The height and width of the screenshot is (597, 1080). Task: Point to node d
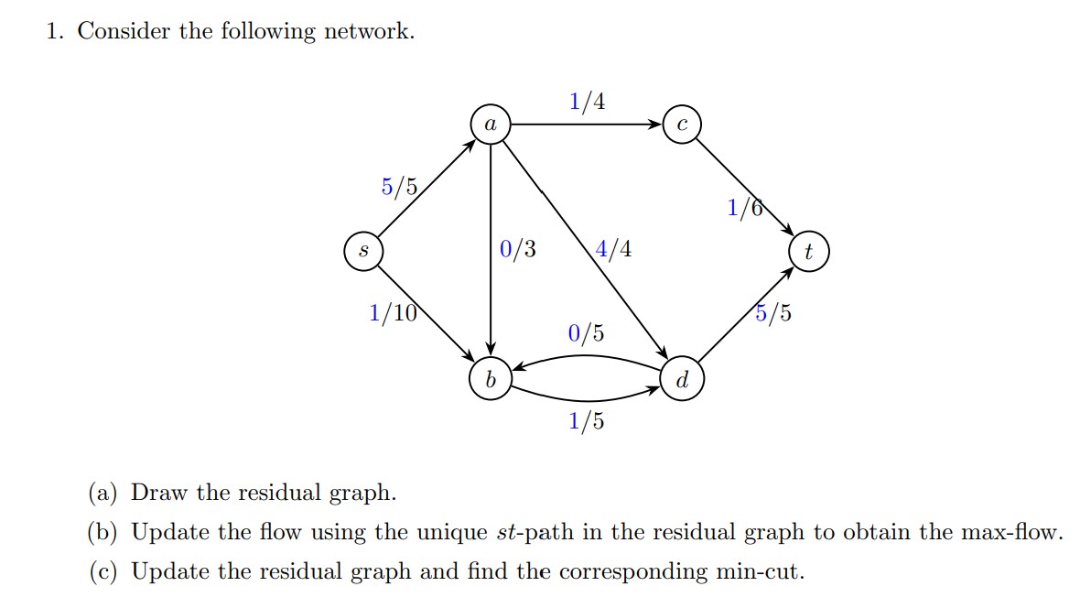coord(683,379)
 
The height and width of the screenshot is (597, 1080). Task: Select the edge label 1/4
coord(587,101)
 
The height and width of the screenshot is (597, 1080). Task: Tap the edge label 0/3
coord(518,249)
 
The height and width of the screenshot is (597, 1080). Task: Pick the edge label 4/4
coord(612,249)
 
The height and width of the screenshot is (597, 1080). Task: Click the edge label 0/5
coord(586,333)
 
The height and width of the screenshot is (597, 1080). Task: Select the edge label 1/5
coord(586,421)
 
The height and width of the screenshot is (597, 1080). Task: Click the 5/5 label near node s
coord(399,188)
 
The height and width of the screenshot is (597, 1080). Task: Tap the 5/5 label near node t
coord(773,314)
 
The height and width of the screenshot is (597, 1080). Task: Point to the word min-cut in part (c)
coord(760,572)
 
